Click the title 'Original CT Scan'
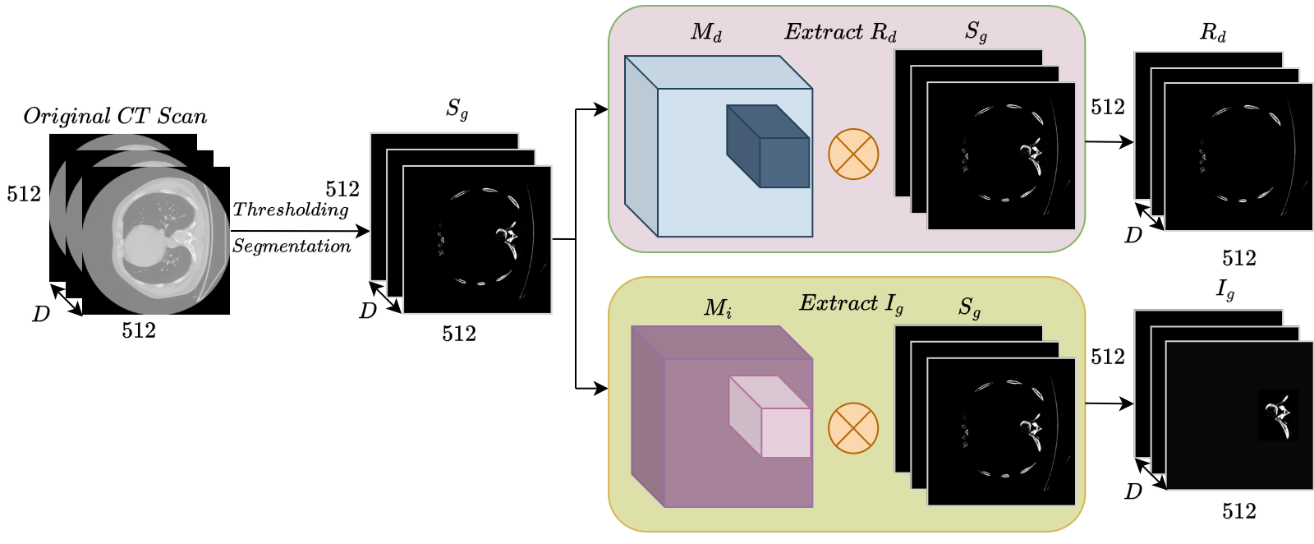(x=115, y=116)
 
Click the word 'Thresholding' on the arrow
(x=291, y=210)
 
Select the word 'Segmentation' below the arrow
(x=291, y=246)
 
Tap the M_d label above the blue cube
(x=706, y=32)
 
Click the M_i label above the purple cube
(x=718, y=308)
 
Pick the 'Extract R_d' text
(x=840, y=32)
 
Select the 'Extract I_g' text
(x=851, y=303)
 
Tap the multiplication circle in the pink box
(x=853, y=154)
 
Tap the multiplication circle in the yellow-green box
(x=853, y=428)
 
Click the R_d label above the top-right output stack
(x=1212, y=33)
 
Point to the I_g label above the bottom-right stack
(x=1224, y=289)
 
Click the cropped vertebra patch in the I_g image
(x=1279, y=415)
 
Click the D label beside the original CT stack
(x=40, y=314)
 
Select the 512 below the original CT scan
(x=139, y=330)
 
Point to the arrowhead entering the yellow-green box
(x=602, y=388)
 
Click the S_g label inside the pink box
(x=976, y=32)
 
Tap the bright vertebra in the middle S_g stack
(x=507, y=236)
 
